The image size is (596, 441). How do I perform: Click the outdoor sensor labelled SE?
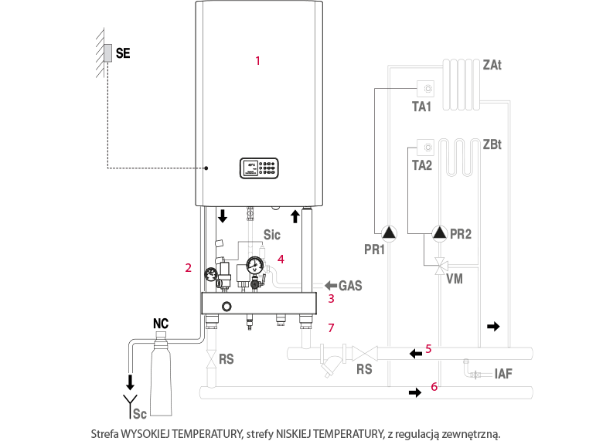click(x=108, y=53)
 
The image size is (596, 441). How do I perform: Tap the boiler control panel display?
click(x=259, y=168)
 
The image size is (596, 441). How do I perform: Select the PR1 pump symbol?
click(x=389, y=232)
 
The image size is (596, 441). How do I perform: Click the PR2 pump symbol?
click(x=440, y=232)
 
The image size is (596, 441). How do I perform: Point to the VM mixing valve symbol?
click(x=441, y=266)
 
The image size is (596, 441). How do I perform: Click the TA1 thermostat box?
click(x=426, y=89)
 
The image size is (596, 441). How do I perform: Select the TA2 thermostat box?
click(x=426, y=148)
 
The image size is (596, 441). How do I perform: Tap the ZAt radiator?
click(x=461, y=84)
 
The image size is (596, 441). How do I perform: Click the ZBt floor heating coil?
click(x=459, y=158)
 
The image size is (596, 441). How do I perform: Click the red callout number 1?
click(x=257, y=60)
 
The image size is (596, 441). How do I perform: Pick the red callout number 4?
click(x=281, y=259)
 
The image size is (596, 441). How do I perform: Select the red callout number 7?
click(x=331, y=327)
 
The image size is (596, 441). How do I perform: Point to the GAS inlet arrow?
click(x=331, y=285)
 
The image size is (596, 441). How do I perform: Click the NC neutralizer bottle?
click(x=161, y=373)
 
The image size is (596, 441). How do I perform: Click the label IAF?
click(x=503, y=374)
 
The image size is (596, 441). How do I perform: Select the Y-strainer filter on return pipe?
click(x=332, y=360)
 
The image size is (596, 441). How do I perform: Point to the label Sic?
click(x=272, y=235)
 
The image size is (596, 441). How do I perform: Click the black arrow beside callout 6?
click(x=415, y=392)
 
